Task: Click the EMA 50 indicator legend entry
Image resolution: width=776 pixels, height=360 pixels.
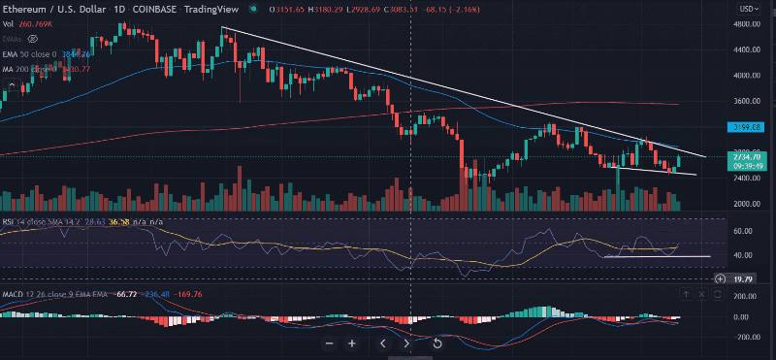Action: pos(39,52)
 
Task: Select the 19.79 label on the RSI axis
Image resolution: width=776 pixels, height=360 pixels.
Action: pos(743,278)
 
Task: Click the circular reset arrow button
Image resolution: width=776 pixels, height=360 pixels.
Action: pos(437,343)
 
